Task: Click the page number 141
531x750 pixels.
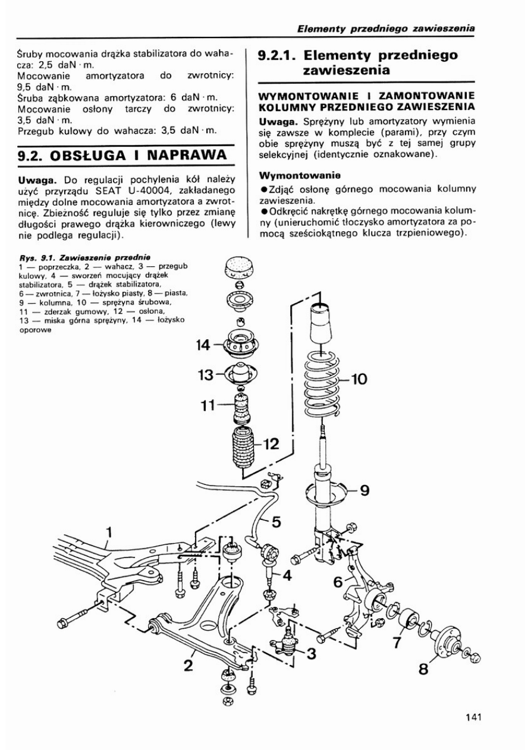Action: [x=473, y=717]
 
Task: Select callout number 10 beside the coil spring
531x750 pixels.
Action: [x=361, y=378]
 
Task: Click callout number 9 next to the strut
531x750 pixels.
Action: [x=364, y=490]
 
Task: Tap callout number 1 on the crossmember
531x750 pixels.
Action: [x=109, y=530]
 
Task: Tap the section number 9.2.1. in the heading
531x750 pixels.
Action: [x=279, y=56]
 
